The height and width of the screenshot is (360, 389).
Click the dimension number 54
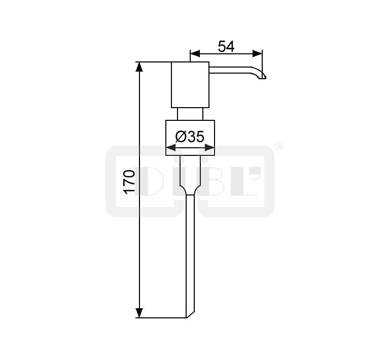click(x=226, y=46)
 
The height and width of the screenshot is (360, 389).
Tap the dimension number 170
click(x=129, y=182)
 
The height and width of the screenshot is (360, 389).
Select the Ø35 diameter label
click(x=190, y=137)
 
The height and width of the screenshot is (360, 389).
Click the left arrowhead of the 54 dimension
click(x=195, y=53)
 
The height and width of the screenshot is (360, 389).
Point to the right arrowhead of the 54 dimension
click(x=257, y=53)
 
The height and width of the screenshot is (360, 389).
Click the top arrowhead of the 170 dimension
click(x=139, y=67)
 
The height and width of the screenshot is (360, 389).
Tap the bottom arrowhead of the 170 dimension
click(x=139, y=313)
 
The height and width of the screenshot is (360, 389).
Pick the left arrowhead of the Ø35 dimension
click(x=171, y=148)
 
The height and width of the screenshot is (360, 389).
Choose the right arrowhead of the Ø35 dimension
click(x=209, y=148)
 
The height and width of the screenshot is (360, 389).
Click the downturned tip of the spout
click(x=263, y=77)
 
